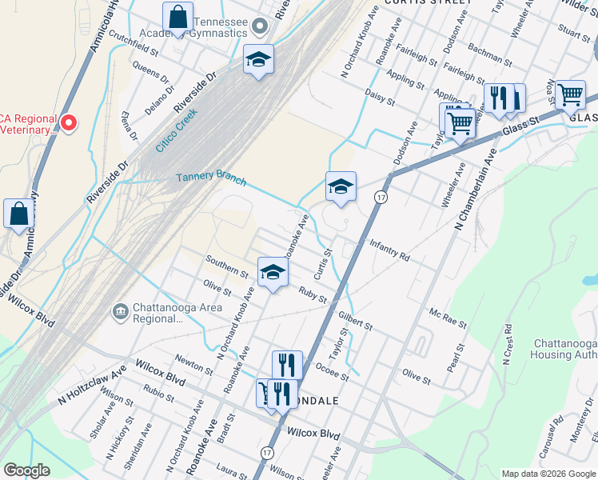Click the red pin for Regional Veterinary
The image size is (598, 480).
point(69,122)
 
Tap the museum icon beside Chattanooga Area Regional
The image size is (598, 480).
point(121,310)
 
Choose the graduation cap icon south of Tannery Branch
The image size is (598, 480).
point(341,188)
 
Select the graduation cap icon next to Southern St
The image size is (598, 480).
point(273,273)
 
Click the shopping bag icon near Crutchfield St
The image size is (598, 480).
point(178,18)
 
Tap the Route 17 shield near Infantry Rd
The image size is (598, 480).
point(383,197)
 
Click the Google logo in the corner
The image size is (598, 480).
point(27,470)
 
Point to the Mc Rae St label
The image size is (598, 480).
point(448,318)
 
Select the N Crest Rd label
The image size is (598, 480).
point(508,345)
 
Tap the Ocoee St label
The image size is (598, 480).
point(333,371)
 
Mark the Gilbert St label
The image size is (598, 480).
point(355,320)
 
